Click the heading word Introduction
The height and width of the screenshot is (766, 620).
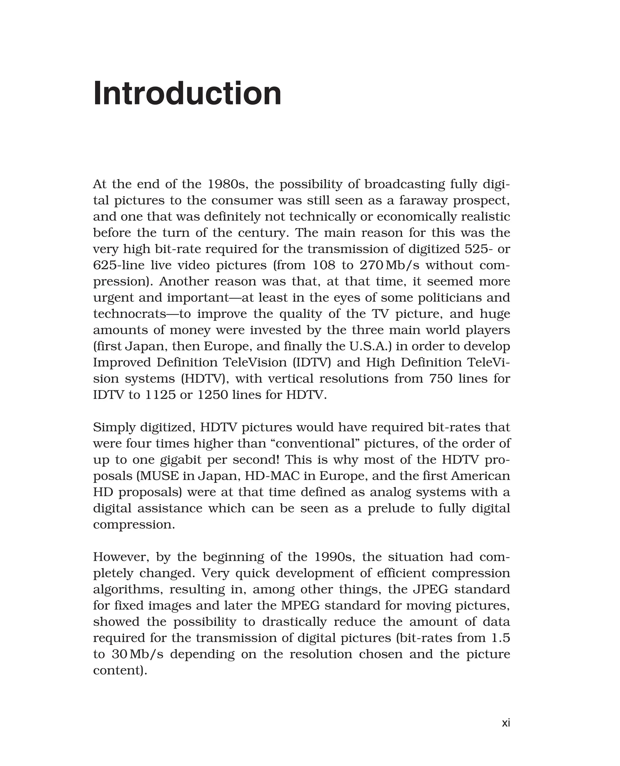(187, 93)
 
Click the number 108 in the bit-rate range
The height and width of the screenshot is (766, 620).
(324, 265)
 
